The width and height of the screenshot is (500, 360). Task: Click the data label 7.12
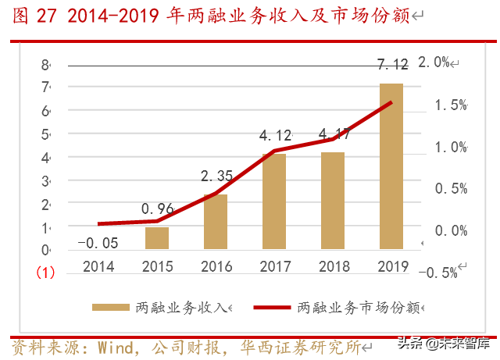393,64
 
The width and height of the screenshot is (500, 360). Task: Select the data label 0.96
157,209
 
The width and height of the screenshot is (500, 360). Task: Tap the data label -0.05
98,242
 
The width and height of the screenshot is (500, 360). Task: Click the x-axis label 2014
98,266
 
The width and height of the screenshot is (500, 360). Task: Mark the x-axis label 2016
216,266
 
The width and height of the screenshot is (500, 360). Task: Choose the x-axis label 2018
333,266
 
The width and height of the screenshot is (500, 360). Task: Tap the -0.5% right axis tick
438,272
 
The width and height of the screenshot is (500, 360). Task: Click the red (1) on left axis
45,273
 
